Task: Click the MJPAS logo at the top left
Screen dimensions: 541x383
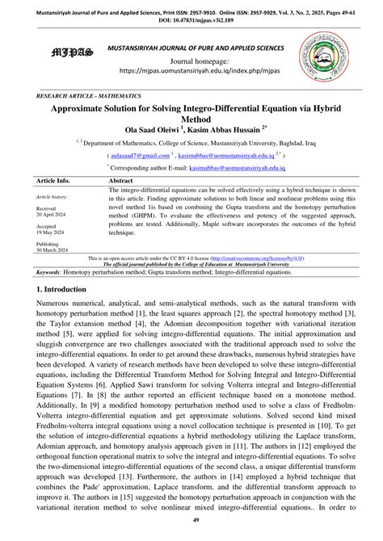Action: (x=72, y=54)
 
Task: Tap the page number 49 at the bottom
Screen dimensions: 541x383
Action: (x=191, y=529)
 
